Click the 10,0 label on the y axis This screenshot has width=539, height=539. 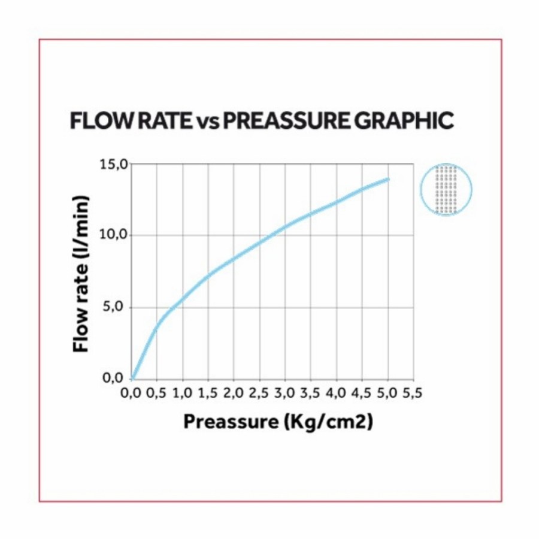coord(114,234)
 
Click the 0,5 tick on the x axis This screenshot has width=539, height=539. coord(157,393)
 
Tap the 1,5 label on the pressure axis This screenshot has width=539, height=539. coord(208,393)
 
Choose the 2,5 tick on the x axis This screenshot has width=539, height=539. coord(259,393)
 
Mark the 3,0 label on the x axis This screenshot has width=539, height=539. coord(285,393)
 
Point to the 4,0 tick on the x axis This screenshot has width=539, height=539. coord(336,393)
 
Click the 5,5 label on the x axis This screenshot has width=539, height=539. coord(413,393)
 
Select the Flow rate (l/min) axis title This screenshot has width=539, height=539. coord(81,274)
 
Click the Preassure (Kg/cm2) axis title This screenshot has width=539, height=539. coord(278,421)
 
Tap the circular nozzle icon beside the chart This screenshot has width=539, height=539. coord(446,189)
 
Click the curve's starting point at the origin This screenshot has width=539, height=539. coord(132,378)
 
